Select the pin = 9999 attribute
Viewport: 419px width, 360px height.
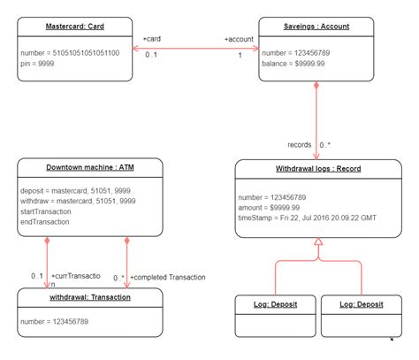click(38, 64)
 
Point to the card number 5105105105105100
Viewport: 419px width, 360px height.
click(75, 52)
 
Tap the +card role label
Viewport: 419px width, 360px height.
click(151, 38)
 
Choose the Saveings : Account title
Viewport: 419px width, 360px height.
click(316, 26)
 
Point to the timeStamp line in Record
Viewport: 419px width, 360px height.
click(307, 217)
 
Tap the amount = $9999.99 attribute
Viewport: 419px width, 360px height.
click(270, 206)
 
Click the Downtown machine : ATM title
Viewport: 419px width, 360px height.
click(89, 167)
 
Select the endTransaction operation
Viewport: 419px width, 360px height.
click(45, 223)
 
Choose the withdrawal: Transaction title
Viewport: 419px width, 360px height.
click(89, 297)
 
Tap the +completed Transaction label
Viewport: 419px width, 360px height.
click(167, 277)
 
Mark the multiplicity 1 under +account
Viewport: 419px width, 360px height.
click(240, 55)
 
